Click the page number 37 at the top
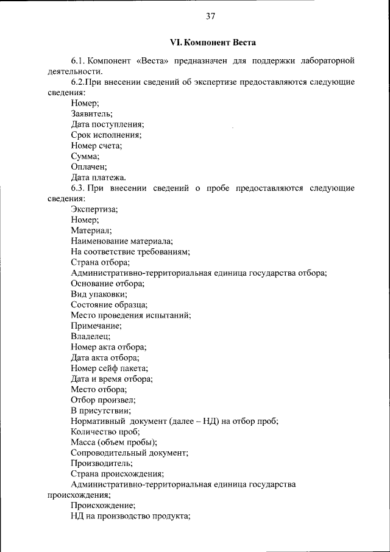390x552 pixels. (210, 16)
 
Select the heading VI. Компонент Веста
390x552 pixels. (213, 43)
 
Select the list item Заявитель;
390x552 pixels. (91, 113)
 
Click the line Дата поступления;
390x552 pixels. (107, 124)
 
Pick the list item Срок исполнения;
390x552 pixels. (106, 135)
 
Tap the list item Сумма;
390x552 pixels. (85, 156)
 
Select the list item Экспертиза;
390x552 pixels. (94, 209)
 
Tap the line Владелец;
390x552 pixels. (91, 337)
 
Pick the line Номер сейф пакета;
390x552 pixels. (110, 368)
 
